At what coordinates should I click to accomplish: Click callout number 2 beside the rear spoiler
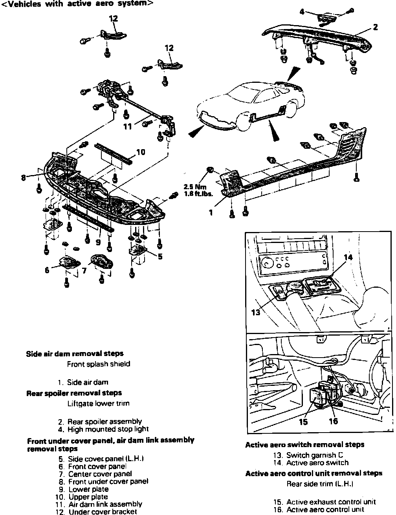point(376,27)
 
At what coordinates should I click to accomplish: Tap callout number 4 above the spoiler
point(302,12)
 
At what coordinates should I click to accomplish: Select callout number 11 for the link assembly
point(128,126)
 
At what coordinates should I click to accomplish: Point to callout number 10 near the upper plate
point(140,152)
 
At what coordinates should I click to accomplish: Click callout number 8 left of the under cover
point(24,177)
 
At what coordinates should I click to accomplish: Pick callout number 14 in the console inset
point(348,257)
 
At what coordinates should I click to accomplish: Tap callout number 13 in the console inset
point(256,312)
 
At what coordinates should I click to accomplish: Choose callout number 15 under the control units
point(303,422)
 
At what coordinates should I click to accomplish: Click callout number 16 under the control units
point(333,421)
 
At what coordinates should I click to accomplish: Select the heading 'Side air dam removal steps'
point(75,354)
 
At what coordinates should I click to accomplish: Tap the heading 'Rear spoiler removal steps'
point(74,393)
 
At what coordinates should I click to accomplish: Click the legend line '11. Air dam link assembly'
point(100,504)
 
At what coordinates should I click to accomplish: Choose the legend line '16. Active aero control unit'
point(319,510)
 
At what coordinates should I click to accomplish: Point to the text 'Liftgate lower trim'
point(98,403)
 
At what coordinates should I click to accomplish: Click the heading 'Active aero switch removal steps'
point(304,445)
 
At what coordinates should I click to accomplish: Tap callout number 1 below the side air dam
point(211,212)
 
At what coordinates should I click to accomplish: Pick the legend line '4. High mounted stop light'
point(103,429)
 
